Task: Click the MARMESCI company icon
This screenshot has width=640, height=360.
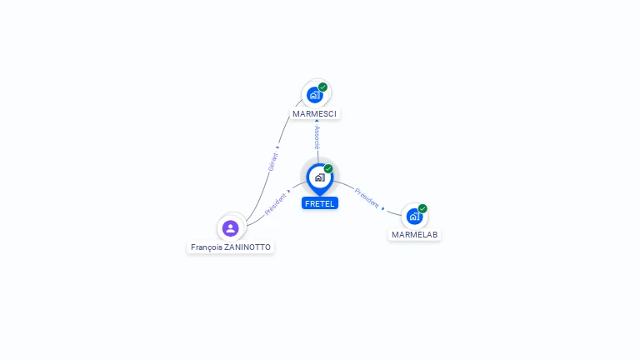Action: click(x=314, y=94)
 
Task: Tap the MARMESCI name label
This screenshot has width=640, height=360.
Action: click(x=316, y=113)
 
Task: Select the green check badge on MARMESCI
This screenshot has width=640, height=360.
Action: click(x=322, y=87)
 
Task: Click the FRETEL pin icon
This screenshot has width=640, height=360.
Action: click(x=319, y=177)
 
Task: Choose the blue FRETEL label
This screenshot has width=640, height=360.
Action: click(x=320, y=203)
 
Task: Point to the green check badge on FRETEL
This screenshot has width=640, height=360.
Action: click(x=328, y=169)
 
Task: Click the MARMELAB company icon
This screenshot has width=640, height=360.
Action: click(x=414, y=217)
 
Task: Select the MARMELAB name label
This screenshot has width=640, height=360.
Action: click(x=414, y=235)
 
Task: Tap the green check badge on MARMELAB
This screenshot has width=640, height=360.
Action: click(x=422, y=209)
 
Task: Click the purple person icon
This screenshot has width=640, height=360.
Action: click(x=231, y=227)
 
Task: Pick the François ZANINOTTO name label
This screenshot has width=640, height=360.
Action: click(x=231, y=247)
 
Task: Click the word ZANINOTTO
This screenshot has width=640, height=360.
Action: click(x=247, y=247)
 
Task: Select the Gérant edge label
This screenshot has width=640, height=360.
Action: click(x=272, y=162)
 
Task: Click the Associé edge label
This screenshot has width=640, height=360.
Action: click(x=317, y=137)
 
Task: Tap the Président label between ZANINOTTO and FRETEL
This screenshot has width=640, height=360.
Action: click(x=275, y=205)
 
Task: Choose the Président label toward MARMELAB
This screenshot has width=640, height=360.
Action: click(x=366, y=197)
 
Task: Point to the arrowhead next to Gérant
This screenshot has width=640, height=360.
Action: click(x=277, y=147)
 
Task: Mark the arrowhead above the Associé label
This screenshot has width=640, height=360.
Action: click(x=317, y=122)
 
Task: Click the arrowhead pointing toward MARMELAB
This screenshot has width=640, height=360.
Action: click(x=383, y=208)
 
